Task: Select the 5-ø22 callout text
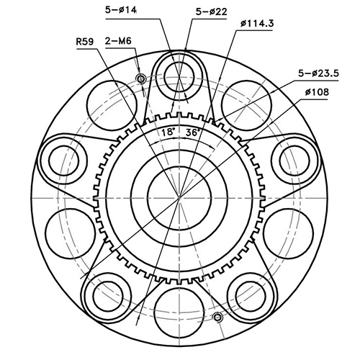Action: [211, 11]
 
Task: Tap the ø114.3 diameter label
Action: [257, 23]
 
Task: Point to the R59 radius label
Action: [86, 41]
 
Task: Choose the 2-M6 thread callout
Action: [117, 41]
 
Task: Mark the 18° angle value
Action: [168, 132]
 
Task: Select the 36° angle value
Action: [193, 132]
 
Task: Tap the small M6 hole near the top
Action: [140, 78]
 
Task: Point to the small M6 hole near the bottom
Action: [217, 316]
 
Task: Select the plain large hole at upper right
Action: [245, 103]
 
